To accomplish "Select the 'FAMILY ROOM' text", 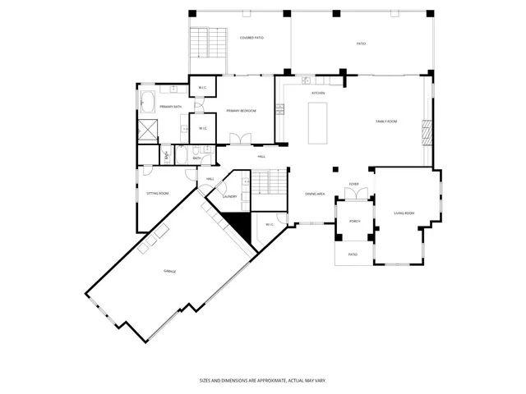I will tap(386, 121).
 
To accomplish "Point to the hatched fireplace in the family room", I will tap(427, 132).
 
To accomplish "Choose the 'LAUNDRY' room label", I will tap(229, 196).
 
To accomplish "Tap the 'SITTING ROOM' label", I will tap(157, 194).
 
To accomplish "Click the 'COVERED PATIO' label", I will tap(251, 38).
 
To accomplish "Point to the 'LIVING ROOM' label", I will tap(404, 213).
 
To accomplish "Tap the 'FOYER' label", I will tap(353, 185).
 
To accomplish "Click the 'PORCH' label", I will tap(355, 222).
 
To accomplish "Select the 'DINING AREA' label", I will tap(315, 194).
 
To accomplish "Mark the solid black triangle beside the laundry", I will tap(238, 222).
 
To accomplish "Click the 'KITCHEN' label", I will tap(318, 93).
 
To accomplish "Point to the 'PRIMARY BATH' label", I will tap(171, 108).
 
